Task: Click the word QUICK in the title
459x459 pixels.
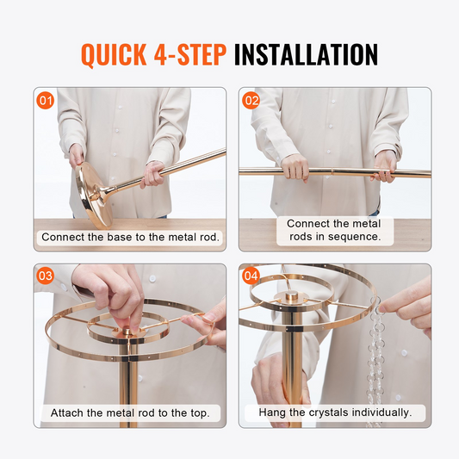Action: click(114, 54)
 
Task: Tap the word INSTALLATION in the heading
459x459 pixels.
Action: click(306, 54)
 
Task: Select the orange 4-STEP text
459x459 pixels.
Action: click(190, 54)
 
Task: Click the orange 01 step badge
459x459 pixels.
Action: click(46, 101)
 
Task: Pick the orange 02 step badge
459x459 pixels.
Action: click(251, 101)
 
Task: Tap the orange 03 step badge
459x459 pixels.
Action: click(46, 276)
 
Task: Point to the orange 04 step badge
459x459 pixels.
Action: click(251, 276)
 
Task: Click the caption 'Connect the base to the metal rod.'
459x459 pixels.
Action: click(130, 237)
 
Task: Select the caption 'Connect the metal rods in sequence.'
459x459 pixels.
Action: click(334, 230)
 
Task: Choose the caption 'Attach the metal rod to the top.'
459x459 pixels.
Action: click(130, 412)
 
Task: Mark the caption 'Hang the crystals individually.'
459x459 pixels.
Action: click(335, 412)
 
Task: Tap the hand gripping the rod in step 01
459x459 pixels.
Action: click(152, 174)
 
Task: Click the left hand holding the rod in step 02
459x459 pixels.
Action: click(295, 168)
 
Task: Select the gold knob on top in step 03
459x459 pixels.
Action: click(127, 332)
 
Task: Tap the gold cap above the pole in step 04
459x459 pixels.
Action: click(291, 296)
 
